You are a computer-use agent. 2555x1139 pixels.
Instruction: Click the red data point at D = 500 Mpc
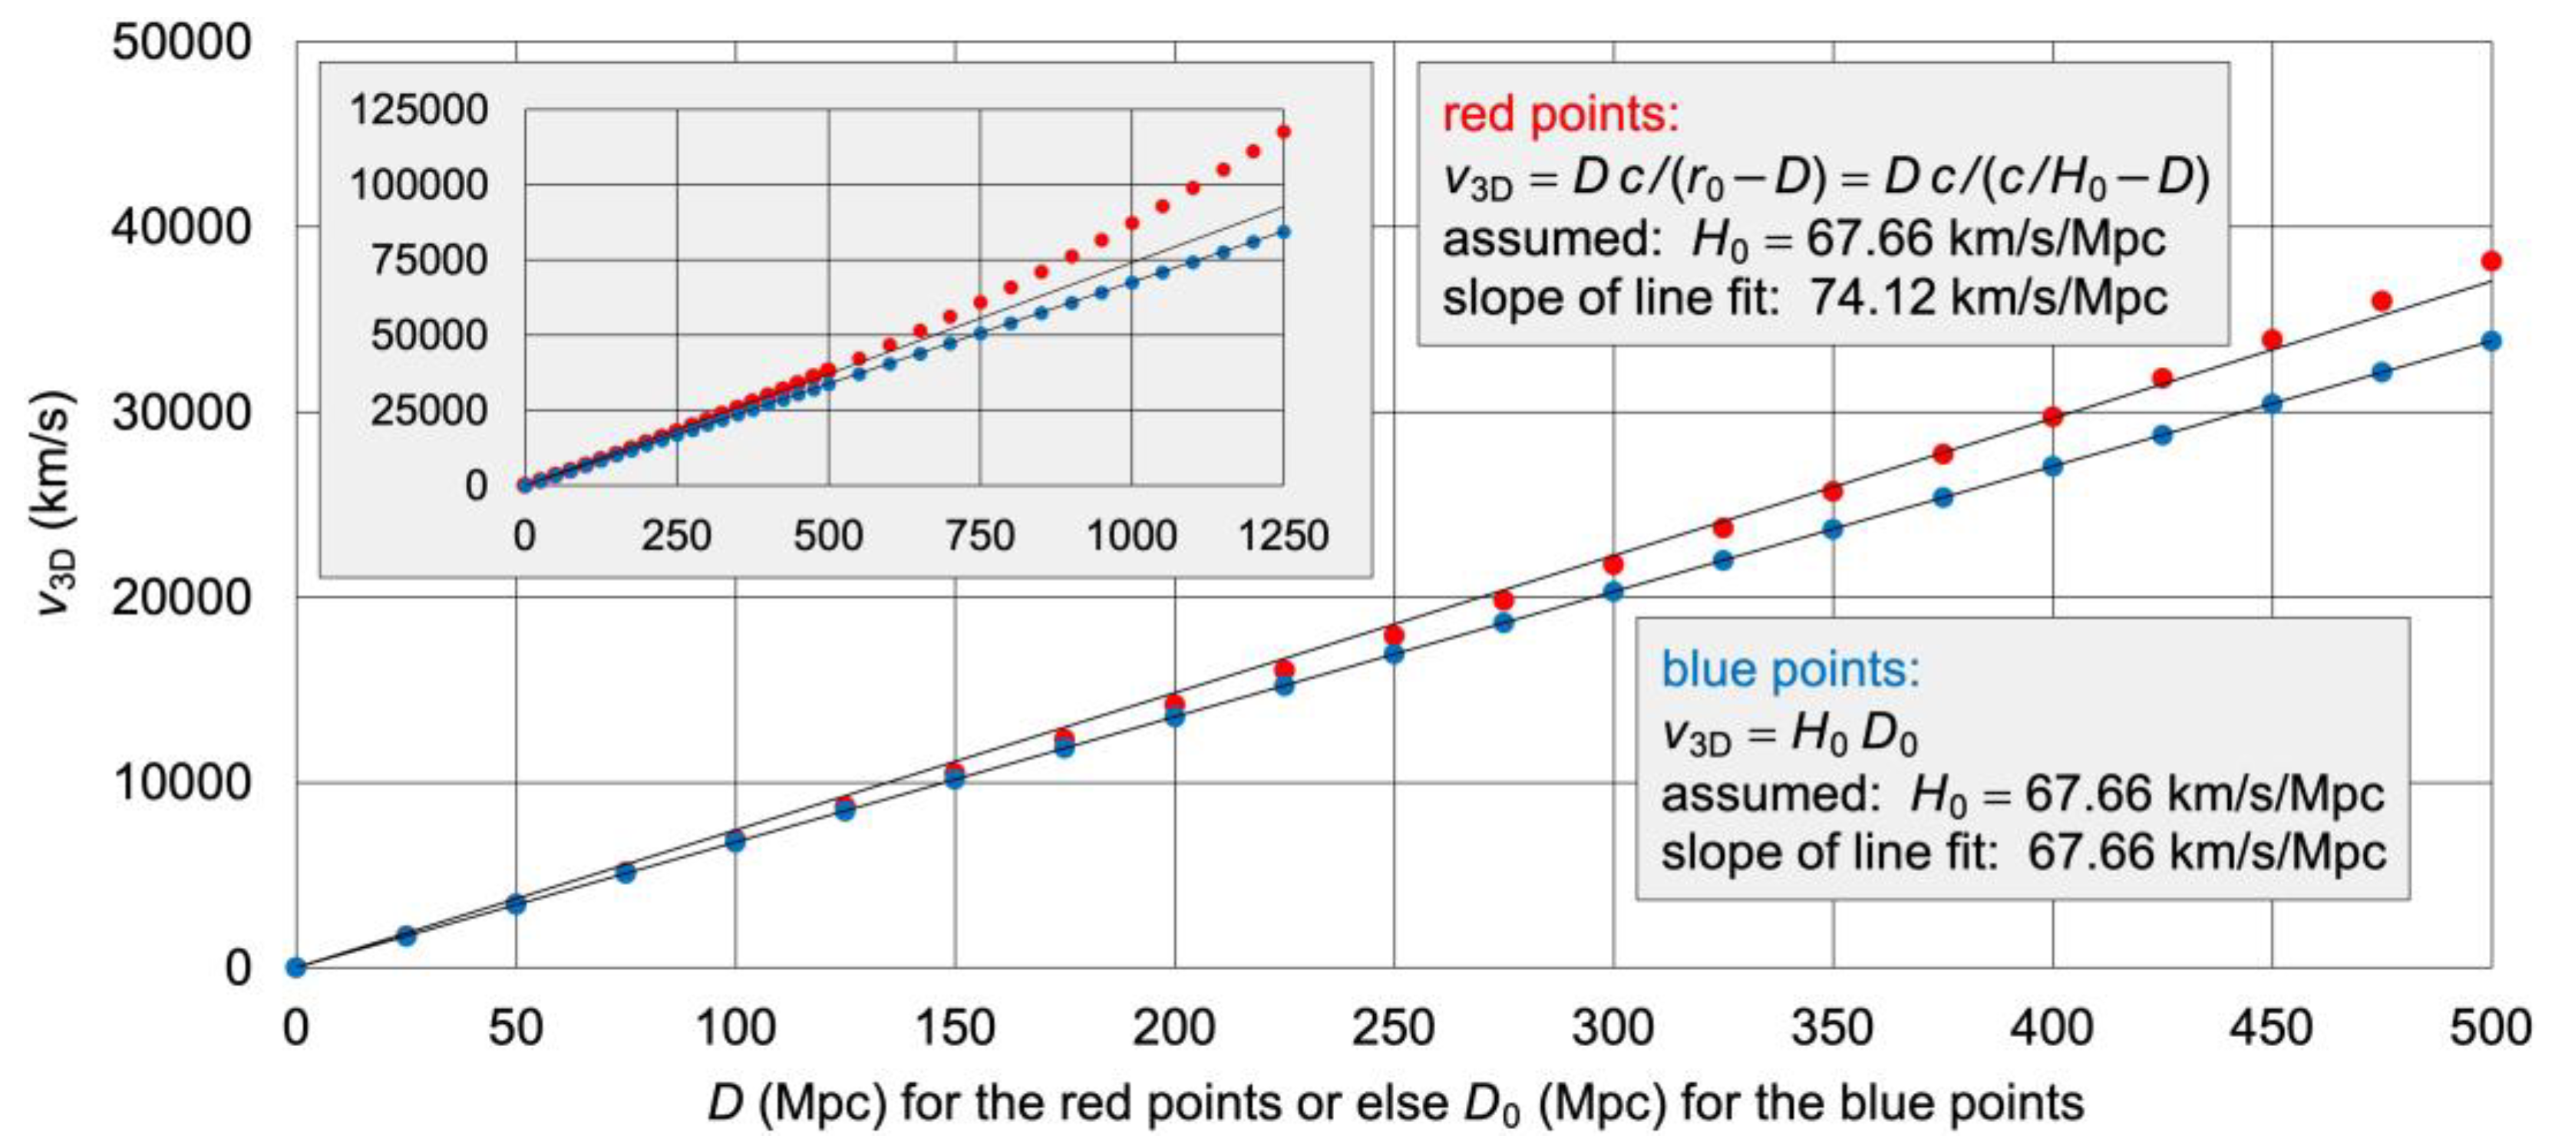(2491, 261)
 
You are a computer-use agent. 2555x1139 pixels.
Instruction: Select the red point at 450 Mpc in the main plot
(2271, 339)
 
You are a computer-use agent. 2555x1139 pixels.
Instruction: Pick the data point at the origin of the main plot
(295, 967)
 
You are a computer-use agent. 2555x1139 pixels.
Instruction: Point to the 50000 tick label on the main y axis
(181, 43)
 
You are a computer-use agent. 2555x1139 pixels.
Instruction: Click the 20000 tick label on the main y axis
(181, 597)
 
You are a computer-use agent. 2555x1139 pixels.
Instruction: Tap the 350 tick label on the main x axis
(1832, 1028)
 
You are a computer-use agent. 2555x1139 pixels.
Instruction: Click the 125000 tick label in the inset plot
(418, 109)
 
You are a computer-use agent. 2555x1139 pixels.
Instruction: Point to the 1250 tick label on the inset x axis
(1283, 536)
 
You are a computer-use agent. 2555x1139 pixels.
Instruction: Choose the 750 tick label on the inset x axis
(980, 536)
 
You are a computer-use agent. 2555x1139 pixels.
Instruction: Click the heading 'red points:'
(1561, 115)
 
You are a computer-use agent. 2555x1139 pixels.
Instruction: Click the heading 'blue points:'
(1791, 670)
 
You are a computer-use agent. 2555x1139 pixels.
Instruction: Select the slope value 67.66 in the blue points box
(2089, 852)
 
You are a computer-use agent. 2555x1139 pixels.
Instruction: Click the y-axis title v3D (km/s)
(55, 504)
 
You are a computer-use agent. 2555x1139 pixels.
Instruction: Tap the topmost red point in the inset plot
(1283, 131)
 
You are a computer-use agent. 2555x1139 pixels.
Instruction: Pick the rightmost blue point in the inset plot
(1283, 231)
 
